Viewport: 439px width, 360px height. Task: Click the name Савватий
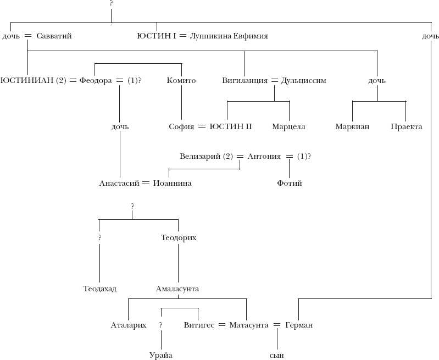[x=54, y=36]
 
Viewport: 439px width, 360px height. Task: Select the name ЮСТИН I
[x=156, y=36]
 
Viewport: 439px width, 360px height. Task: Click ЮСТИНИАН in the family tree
[x=27, y=81]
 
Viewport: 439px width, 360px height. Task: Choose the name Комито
[x=181, y=81]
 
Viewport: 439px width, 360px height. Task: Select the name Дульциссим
[x=303, y=81]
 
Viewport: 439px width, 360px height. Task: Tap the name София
[x=181, y=127]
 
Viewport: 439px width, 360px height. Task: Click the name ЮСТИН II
[x=231, y=127]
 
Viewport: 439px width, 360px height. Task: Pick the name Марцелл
[x=288, y=127]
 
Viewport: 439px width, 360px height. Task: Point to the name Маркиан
[x=352, y=127]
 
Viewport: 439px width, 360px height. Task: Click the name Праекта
[x=407, y=127]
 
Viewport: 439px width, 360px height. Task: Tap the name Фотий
[x=289, y=184]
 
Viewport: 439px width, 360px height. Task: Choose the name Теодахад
[x=100, y=289]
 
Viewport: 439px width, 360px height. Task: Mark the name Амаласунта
[x=177, y=289]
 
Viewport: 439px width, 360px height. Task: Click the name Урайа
[x=160, y=355]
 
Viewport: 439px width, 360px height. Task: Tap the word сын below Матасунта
[x=277, y=355]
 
